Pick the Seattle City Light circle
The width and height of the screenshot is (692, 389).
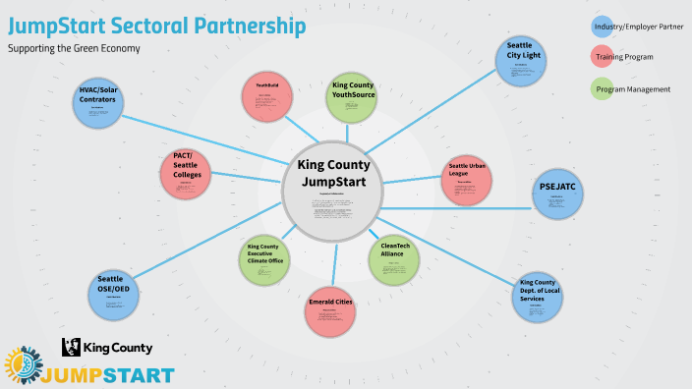point(521,61)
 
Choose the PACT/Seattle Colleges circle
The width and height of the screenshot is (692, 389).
point(186,172)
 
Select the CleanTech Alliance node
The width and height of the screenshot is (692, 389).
point(394,257)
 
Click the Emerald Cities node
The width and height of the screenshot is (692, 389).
point(330,312)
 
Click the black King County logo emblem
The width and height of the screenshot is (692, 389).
point(72,347)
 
